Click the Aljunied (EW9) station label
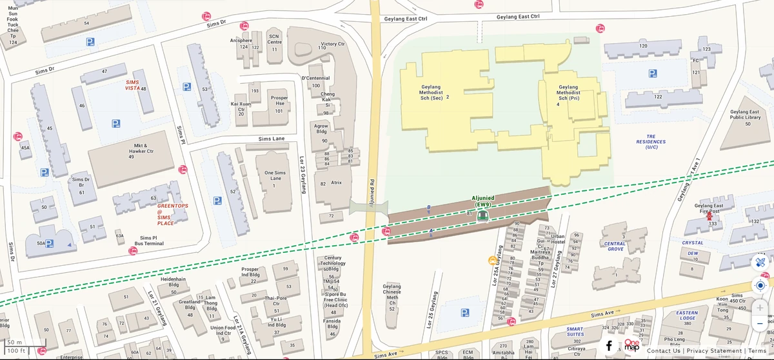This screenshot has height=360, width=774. point(483,201)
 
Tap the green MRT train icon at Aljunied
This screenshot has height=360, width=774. point(482,216)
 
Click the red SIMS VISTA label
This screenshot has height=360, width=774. point(132,85)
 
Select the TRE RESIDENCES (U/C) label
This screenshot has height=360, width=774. point(651,141)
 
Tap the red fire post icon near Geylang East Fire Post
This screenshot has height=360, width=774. point(709,217)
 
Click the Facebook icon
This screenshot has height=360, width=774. point(608,346)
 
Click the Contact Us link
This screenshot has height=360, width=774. point(663,351)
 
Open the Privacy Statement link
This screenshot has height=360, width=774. point(714,351)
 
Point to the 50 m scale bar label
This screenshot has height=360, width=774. point(14,342)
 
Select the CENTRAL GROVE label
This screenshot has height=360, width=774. point(615,246)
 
